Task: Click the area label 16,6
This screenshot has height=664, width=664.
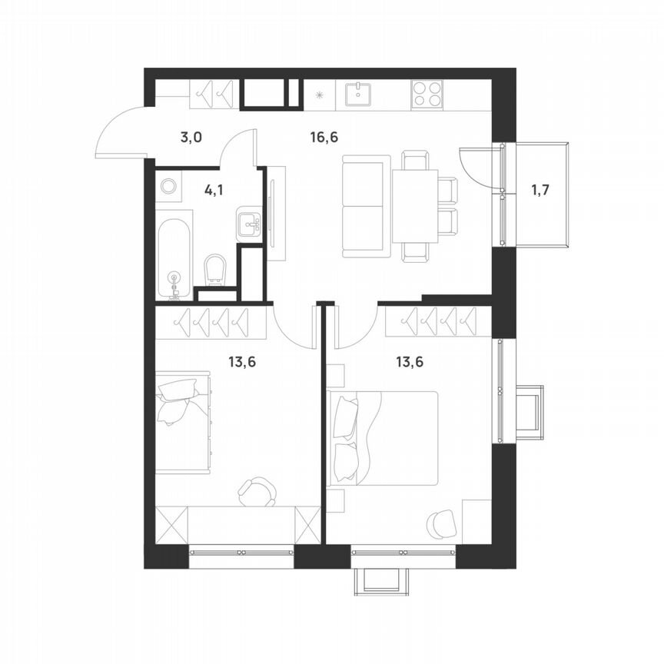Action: [x=324, y=138]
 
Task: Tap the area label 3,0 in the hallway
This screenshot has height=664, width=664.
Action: [x=191, y=138]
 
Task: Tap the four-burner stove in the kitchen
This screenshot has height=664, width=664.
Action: [x=427, y=94]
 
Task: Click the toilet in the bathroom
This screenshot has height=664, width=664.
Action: [x=216, y=269]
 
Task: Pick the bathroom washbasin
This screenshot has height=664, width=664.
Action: [x=249, y=224]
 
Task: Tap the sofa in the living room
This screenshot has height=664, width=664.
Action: [x=366, y=206]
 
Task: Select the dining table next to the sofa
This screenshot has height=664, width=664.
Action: [x=415, y=205]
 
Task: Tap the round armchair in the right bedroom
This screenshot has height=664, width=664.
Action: [x=443, y=523]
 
